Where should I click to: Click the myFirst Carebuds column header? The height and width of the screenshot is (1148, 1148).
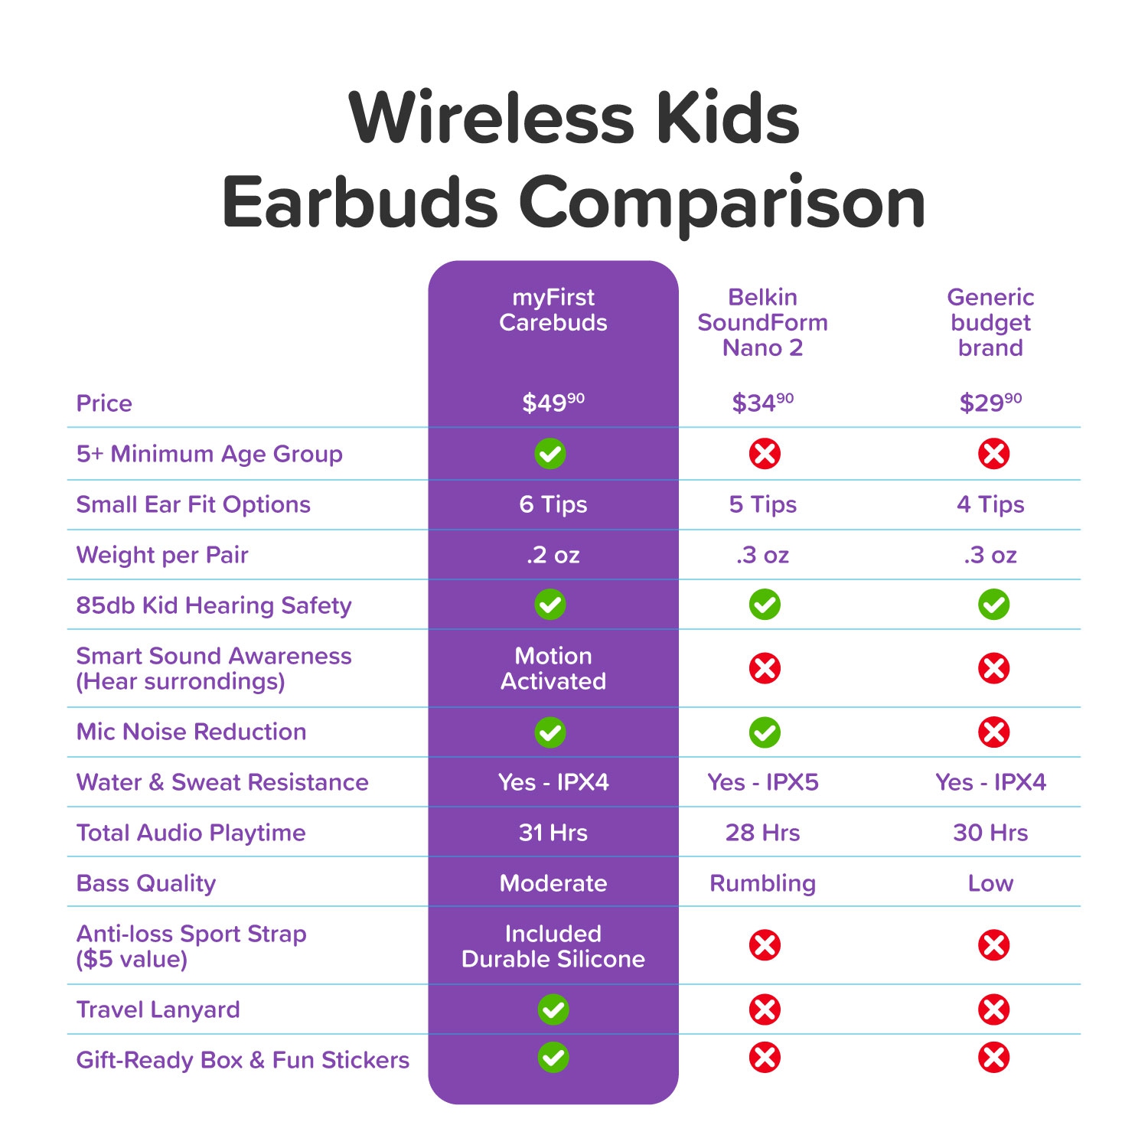coord(553,310)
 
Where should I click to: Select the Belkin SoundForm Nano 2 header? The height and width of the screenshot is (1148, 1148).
coord(762,322)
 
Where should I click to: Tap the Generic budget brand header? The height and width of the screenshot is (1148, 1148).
coord(990,322)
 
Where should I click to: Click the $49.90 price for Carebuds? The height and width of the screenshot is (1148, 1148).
coord(553,403)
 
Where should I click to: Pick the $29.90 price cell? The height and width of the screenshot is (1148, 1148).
coord(990,403)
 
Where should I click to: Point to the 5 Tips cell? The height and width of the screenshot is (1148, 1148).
coord(762,504)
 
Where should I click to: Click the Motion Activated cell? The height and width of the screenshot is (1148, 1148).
coord(553,668)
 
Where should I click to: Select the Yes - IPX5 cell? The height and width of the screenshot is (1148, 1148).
coord(762,782)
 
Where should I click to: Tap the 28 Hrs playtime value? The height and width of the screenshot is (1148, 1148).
coord(762,833)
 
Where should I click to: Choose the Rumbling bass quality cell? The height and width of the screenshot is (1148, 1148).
coord(762,883)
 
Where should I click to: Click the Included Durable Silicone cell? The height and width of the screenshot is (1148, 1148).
coord(553,946)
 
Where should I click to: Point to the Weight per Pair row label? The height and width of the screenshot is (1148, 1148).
coord(162,555)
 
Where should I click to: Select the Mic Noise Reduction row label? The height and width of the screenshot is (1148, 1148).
coord(191,732)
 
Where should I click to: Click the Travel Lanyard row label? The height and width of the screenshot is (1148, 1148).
coord(158,1009)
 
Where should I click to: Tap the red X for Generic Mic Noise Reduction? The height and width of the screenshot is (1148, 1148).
coord(993,732)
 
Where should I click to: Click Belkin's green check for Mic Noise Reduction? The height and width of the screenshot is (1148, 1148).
coord(765,732)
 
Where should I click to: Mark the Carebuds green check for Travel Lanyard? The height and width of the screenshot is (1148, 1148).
coord(553,1009)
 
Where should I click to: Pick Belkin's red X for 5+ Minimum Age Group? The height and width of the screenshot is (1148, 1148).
coord(765,454)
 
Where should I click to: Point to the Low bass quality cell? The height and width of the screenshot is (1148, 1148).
coord(990,883)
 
